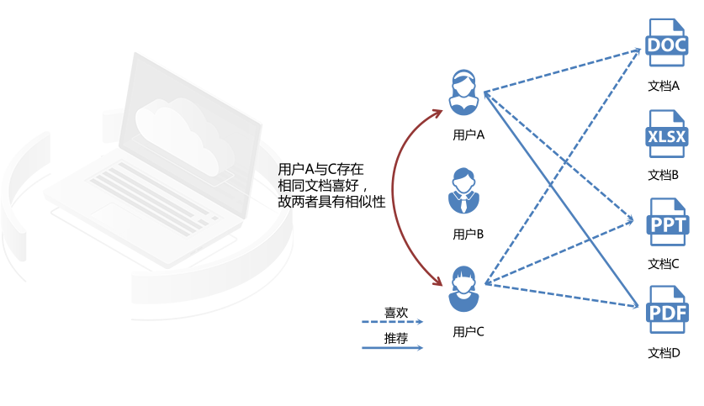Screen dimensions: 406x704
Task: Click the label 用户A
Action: pyautogui.click(x=468, y=134)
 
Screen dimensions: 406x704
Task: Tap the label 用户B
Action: pyautogui.click(x=468, y=235)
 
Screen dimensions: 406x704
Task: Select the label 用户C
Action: pyautogui.click(x=468, y=331)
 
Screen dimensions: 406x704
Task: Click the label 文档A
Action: pyautogui.click(x=664, y=86)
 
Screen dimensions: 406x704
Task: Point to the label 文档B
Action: pyautogui.click(x=664, y=175)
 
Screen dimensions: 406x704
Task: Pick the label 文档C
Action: pyautogui.click(x=664, y=263)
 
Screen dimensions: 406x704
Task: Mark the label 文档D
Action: pyautogui.click(x=664, y=353)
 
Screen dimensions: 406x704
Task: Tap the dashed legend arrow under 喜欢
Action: pyautogui.click(x=392, y=322)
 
